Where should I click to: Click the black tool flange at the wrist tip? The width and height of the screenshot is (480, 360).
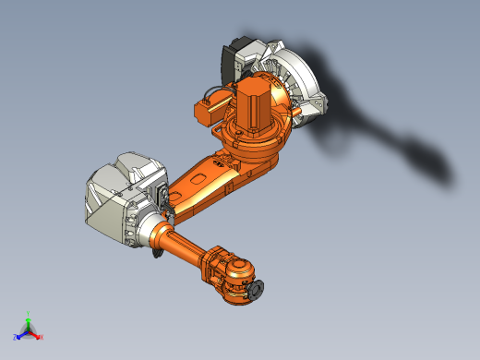[255, 293]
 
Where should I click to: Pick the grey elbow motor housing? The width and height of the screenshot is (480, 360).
[120, 198]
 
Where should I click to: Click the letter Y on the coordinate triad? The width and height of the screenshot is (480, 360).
[29, 313]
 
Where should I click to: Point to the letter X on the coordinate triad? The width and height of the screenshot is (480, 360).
[41, 337]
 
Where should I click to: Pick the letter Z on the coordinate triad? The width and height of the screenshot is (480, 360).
[16, 337]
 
